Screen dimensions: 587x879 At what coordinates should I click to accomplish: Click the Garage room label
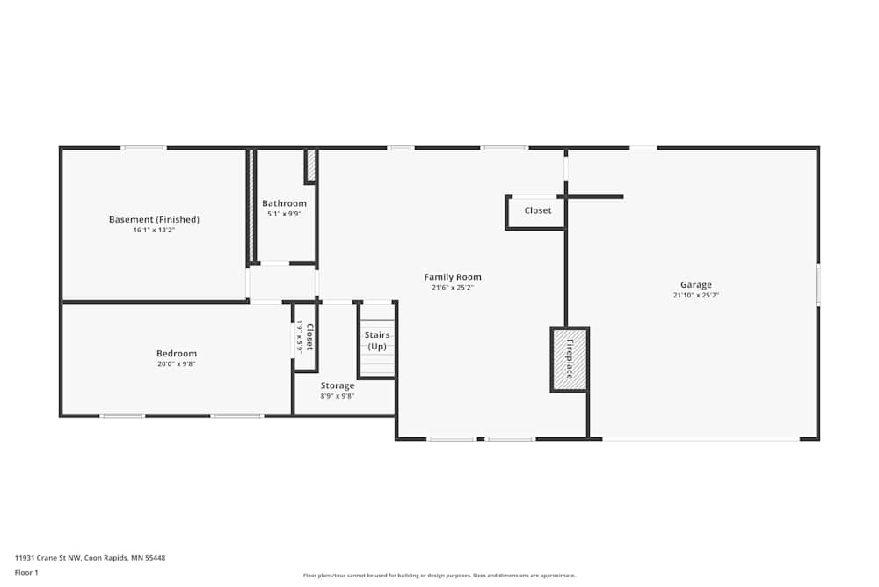[x=695, y=284]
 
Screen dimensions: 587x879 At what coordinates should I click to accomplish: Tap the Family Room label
[x=453, y=277]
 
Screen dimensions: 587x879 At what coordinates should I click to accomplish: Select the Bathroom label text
[x=284, y=203]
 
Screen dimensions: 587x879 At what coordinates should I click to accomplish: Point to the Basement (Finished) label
[x=154, y=219]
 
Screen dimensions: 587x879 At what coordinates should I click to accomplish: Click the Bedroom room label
[x=177, y=354]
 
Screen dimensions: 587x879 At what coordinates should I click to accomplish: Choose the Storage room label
[x=338, y=385]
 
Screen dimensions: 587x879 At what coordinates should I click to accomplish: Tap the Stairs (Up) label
[x=377, y=341]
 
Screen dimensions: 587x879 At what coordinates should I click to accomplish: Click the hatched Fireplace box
[x=569, y=359]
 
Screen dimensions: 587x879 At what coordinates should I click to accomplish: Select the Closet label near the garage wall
[x=538, y=210]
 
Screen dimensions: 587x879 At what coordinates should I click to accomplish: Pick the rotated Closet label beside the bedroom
[x=309, y=336]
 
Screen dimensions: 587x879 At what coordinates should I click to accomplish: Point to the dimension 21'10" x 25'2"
[x=695, y=296]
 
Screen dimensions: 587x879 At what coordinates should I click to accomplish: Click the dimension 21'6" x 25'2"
[x=453, y=288]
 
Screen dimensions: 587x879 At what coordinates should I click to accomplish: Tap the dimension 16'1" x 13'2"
[x=154, y=231]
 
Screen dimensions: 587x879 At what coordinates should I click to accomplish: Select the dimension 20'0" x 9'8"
[x=177, y=364]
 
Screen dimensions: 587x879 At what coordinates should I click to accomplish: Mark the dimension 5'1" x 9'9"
[x=284, y=214]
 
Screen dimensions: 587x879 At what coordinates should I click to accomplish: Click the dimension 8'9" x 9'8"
[x=338, y=396]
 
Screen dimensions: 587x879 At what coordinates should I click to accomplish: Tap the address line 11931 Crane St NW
[x=90, y=557]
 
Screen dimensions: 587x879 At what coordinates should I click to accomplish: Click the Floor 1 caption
[x=26, y=573]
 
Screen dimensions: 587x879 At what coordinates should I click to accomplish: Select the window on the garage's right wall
[x=817, y=285]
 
